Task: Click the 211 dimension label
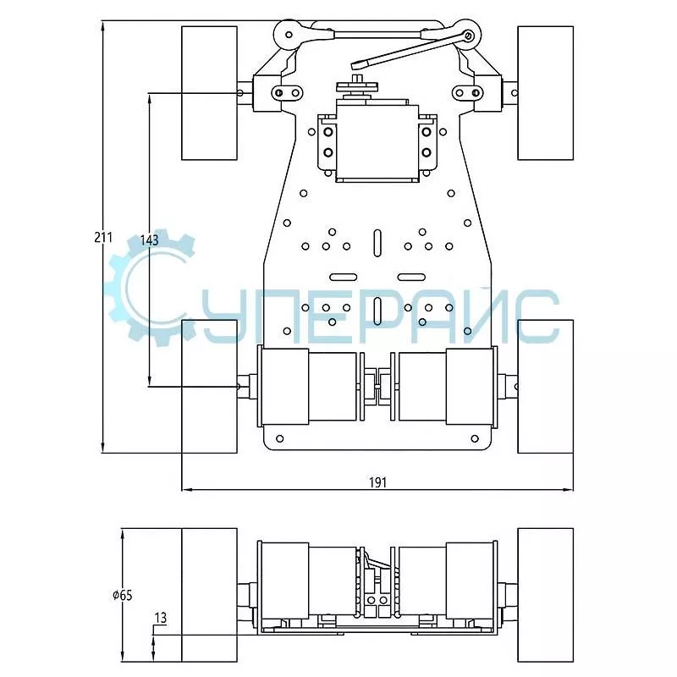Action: tap(103, 237)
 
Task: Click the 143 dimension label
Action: tap(150, 240)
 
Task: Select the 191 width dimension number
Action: tap(377, 482)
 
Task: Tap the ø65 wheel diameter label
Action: tap(123, 596)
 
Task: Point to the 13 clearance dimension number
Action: tap(160, 618)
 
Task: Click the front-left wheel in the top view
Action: tap(209, 93)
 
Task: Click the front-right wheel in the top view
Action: tap(545, 93)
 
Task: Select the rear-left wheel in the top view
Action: tap(209, 387)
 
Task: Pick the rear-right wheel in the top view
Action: tap(545, 387)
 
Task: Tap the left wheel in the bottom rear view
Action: tap(209, 595)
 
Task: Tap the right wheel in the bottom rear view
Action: tap(545, 595)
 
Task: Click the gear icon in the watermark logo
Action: tap(149, 288)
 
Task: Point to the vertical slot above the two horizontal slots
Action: tap(377, 244)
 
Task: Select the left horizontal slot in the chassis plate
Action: tap(344, 278)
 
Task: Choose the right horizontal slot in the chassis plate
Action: tap(411, 278)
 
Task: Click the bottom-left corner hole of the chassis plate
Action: tap(280, 438)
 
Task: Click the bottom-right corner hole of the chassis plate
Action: tap(475, 438)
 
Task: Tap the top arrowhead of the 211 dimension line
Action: tap(102, 26)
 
